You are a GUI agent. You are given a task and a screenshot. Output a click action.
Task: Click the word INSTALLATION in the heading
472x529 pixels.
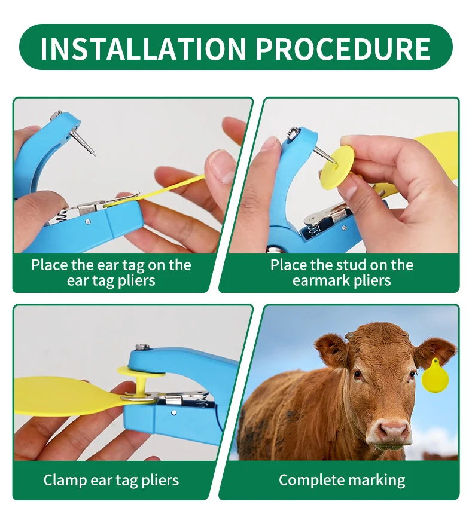click(143, 48)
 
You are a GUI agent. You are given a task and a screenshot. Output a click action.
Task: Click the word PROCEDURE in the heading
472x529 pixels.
click(343, 48)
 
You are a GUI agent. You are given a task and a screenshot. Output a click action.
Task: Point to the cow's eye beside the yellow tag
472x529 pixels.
click(412, 375)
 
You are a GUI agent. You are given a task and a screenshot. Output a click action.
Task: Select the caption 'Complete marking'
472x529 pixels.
click(342, 480)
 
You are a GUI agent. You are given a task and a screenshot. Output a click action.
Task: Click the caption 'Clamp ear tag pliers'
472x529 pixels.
click(111, 480)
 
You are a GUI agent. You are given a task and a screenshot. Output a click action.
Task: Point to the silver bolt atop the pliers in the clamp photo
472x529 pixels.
click(142, 347)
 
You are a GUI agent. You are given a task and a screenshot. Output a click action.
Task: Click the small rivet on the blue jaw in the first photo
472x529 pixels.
click(87, 222)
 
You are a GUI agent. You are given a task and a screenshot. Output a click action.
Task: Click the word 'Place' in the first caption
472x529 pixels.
click(49, 265)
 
